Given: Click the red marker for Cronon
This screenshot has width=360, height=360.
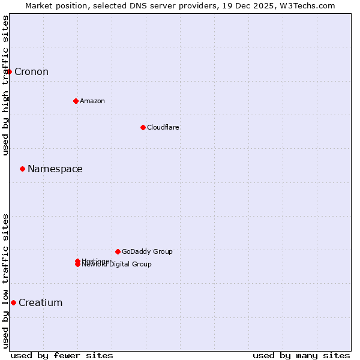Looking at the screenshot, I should [9, 72].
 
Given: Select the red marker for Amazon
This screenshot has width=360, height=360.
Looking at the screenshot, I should [76, 101].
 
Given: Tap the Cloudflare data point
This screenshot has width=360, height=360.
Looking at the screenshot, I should [143, 127].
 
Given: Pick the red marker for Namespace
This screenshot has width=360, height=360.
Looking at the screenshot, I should [22, 169].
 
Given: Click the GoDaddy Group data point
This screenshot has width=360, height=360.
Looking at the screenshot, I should [118, 251].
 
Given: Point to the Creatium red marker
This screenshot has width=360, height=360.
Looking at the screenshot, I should [13, 302].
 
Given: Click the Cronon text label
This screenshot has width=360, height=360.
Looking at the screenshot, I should [31, 72].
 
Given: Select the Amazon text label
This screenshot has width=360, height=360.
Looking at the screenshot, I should [92, 101].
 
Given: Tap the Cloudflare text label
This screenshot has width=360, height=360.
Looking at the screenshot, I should [163, 127].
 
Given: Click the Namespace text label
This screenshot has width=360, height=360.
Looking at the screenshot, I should [55, 169].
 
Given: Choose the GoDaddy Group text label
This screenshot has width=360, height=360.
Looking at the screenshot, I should [147, 251].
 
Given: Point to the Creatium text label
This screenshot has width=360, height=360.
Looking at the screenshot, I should [41, 302].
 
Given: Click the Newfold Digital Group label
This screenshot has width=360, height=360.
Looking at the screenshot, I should [118, 265].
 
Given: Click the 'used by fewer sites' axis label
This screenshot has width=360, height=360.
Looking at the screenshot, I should [62, 355].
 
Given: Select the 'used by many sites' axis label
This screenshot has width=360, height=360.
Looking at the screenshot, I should [301, 355].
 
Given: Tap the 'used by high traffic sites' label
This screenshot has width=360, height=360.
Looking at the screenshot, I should [6, 85].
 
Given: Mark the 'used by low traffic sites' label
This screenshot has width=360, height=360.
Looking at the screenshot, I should [6, 281].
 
